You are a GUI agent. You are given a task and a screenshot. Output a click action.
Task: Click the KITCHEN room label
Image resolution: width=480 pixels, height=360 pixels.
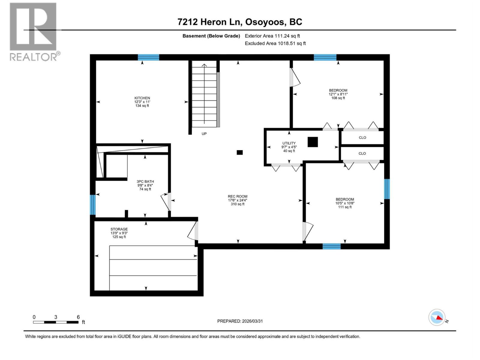142,98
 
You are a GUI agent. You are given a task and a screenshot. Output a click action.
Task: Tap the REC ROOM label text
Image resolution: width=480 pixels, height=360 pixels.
237,196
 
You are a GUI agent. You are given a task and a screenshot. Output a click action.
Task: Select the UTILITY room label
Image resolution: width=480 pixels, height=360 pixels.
289,143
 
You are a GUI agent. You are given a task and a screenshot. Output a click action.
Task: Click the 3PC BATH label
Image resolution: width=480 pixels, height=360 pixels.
145,181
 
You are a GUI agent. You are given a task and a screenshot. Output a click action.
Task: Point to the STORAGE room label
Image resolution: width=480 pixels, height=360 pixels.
119,229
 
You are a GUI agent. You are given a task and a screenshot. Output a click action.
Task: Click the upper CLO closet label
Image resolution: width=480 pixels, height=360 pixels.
362,138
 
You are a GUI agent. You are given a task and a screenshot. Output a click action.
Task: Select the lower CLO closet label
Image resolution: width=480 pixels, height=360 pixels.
362,154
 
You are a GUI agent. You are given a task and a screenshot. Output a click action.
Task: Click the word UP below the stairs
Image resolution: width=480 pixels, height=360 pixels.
204,134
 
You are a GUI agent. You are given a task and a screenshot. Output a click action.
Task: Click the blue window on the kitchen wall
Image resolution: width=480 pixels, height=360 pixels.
148,57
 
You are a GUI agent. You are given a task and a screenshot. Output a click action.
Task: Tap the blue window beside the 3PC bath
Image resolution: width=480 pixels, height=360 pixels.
93,205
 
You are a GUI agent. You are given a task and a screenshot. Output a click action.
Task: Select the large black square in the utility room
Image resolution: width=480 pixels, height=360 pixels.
313,142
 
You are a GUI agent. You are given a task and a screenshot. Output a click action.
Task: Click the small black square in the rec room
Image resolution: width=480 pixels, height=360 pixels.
240,152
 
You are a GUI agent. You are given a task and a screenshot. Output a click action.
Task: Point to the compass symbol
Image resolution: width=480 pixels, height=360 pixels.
437,317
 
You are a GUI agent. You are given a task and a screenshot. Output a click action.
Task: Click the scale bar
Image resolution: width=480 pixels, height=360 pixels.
56,322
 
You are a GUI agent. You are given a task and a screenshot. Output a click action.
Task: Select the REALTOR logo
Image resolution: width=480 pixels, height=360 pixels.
34,31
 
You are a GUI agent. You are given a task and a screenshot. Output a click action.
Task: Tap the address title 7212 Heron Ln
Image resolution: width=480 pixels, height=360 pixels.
240,22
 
